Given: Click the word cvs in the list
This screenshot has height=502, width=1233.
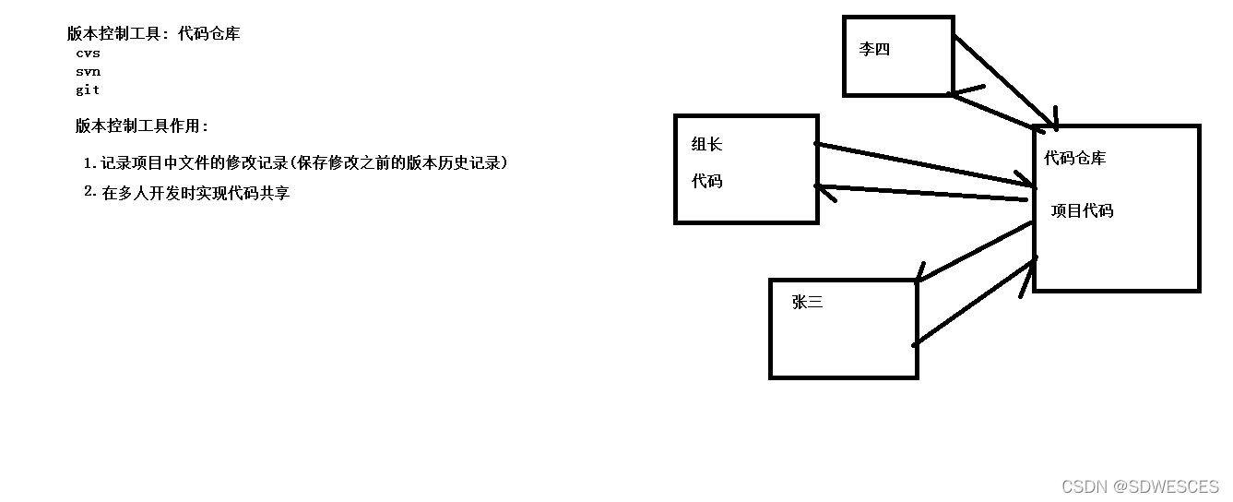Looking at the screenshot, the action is [89, 54].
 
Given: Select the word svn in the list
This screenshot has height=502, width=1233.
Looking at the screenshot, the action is [89, 72].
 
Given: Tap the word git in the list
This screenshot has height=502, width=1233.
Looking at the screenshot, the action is [89, 90].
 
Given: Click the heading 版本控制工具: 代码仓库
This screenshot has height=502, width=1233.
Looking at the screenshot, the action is [154, 34].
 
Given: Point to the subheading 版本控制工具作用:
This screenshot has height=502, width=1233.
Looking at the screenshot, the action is [143, 126].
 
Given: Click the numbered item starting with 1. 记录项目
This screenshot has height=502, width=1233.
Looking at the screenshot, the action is [295, 163].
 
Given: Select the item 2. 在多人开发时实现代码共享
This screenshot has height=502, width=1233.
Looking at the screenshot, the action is [186, 193].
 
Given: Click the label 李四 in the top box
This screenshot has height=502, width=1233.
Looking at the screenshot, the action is [874, 50].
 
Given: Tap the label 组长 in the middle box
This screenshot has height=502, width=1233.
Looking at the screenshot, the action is [707, 144].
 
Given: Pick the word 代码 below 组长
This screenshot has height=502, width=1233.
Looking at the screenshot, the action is [707, 182].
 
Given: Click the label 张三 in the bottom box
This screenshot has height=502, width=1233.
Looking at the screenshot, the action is [807, 303].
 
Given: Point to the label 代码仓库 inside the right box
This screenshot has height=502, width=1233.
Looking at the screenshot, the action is [1075, 159].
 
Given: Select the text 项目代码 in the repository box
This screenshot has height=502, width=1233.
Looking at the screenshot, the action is [1083, 211].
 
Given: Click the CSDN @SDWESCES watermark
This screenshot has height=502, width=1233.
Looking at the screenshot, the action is [1140, 486].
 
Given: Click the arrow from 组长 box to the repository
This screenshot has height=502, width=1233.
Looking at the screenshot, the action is [922, 161].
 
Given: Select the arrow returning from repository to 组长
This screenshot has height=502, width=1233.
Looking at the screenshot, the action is [922, 193].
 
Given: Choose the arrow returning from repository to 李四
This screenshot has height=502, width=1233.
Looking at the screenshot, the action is [992, 110].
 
